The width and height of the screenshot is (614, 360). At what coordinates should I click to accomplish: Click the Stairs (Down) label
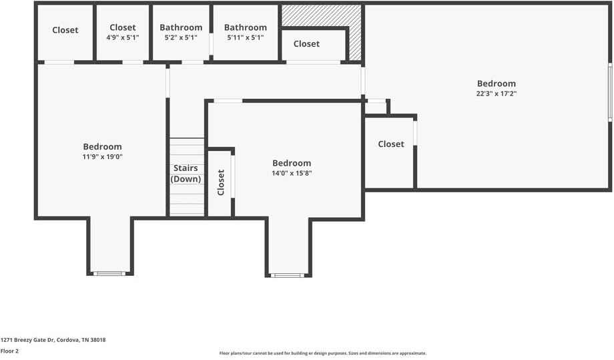(x=186, y=174)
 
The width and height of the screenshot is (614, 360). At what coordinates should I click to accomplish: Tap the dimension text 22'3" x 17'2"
(x=496, y=94)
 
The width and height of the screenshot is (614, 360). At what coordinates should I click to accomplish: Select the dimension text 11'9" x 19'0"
(x=103, y=157)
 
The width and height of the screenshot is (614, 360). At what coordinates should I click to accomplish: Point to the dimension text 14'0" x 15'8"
(x=292, y=173)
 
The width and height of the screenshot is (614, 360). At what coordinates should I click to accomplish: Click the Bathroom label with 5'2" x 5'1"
(x=181, y=27)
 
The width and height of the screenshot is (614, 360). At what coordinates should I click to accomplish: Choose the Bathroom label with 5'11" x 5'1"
(x=246, y=27)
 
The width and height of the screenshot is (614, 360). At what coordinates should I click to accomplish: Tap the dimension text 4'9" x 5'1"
(x=123, y=37)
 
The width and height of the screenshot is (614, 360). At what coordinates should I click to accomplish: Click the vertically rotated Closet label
(x=221, y=182)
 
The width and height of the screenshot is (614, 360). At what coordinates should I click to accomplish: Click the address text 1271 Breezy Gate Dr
(x=27, y=340)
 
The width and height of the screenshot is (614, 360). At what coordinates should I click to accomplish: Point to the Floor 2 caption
(x=9, y=351)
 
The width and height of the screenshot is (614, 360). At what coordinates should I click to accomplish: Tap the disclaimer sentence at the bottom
(x=322, y=353)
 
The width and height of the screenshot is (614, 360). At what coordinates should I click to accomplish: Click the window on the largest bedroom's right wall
(x=610, y=92)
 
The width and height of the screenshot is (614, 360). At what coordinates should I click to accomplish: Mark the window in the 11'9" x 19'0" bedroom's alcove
(x=109, y=273)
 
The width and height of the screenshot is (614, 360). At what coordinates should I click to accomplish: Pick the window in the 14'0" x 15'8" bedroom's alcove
(x=288, y=275)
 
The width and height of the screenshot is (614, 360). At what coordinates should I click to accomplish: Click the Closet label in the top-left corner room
(x=65, y=30)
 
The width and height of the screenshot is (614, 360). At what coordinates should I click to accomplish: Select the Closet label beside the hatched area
(x=306, y=44)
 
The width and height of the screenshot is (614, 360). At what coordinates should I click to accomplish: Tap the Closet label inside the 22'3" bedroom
(x=391, y=144)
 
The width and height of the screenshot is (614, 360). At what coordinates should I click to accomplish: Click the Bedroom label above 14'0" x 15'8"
(x=292, y=164)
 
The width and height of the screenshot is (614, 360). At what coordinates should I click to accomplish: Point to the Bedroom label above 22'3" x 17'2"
(x=496, y=84)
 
